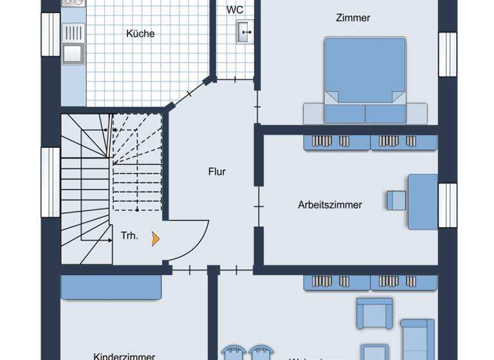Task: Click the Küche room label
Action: [x=140, y=33]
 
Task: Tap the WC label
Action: [x=235, y=10]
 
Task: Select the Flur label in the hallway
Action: [x=217, y=172]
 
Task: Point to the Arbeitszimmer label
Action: [x=330, y=205]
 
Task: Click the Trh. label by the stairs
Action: [x=129, y=236]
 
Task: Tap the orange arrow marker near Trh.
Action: [x=155, y=239]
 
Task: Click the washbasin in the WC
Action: [x=244, y=31]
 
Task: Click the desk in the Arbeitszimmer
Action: [x=423, y=201]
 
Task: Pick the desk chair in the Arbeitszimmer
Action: [x=396, y=200]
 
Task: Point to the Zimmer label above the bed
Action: [x=353, y=18]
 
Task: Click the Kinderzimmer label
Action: [x=124, y=355]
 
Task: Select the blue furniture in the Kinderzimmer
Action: [x=111, y=287]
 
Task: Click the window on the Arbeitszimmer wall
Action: [x=448, y=205]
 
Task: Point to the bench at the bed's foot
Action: [x=365, y=114]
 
